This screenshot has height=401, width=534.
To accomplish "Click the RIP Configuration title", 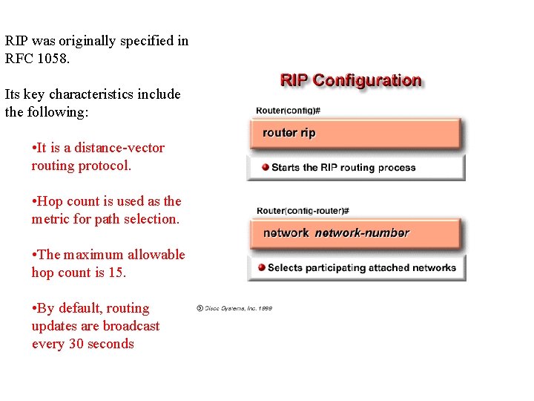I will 350,80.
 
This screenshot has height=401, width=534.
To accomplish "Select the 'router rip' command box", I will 355,134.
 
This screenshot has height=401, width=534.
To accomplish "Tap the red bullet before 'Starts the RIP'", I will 265,167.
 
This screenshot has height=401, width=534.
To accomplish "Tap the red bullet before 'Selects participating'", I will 261,267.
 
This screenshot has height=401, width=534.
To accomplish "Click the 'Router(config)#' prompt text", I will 288,111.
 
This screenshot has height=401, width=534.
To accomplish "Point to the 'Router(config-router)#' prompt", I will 303,211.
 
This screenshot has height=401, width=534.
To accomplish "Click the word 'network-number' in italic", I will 362,233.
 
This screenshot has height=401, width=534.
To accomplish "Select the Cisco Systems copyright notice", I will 234,307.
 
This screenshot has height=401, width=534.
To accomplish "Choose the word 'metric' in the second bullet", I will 52,219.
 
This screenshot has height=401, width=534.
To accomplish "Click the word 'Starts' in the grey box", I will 285,167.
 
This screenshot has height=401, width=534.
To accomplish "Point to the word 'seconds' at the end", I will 111,344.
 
